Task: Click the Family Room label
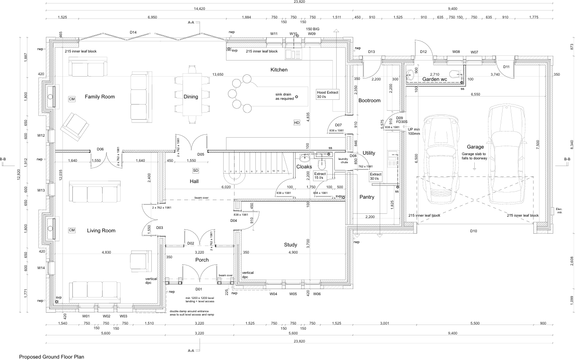click(x=100, y=97)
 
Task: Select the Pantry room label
click(x=367, y=197)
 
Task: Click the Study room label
click(x=290, y=245)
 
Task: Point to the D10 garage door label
click(x=473, y=231)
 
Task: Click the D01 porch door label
click(x=199, y=289)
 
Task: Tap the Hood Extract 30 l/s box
click(x=328, y=94)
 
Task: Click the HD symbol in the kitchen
click(x=297, y=123)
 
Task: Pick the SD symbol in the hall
click(x=195, y=170)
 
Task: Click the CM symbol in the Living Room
click(x=72, y=230)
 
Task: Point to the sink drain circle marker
click(x=297, y=97)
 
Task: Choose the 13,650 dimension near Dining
click(x=218, y=74)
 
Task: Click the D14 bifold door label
click(x=133, y=32)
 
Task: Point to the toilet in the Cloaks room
click(x=322, y=164)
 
